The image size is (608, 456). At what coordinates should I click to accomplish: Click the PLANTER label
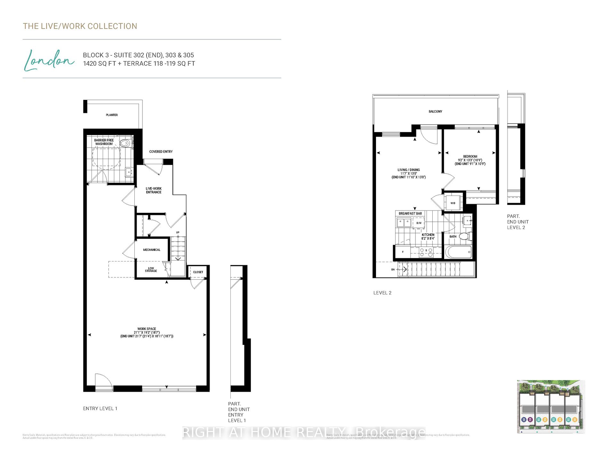tap(112, 115)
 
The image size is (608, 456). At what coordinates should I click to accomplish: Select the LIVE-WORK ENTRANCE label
tap(154, 190)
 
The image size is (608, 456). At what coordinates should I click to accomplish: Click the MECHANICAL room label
tap(152, 250)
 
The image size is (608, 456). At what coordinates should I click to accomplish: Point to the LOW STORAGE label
tap(151, 270)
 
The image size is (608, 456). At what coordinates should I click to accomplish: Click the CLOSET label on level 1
tap(198, 272)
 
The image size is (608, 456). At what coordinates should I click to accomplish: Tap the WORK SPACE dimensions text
tap(147, 333)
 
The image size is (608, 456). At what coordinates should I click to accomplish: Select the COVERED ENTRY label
tap(161, 152)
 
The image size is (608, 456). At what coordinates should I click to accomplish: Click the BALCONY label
tap(435, 112)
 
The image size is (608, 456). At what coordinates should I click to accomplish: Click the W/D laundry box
tap(453, 203)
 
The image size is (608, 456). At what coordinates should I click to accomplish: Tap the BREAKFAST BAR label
tap(410, 213)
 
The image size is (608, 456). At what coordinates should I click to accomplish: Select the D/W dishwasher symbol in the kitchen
tap(419, 223)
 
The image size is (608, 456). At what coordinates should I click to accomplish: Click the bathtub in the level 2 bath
tap(458, 252)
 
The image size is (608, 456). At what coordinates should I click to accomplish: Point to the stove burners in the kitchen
tap(426, 252)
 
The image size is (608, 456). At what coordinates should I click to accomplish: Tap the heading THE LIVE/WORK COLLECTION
tap(80, 26)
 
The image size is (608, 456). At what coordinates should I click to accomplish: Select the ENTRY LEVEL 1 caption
tap(100, 409)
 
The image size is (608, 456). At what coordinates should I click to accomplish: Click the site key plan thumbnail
tap(550, 407)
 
